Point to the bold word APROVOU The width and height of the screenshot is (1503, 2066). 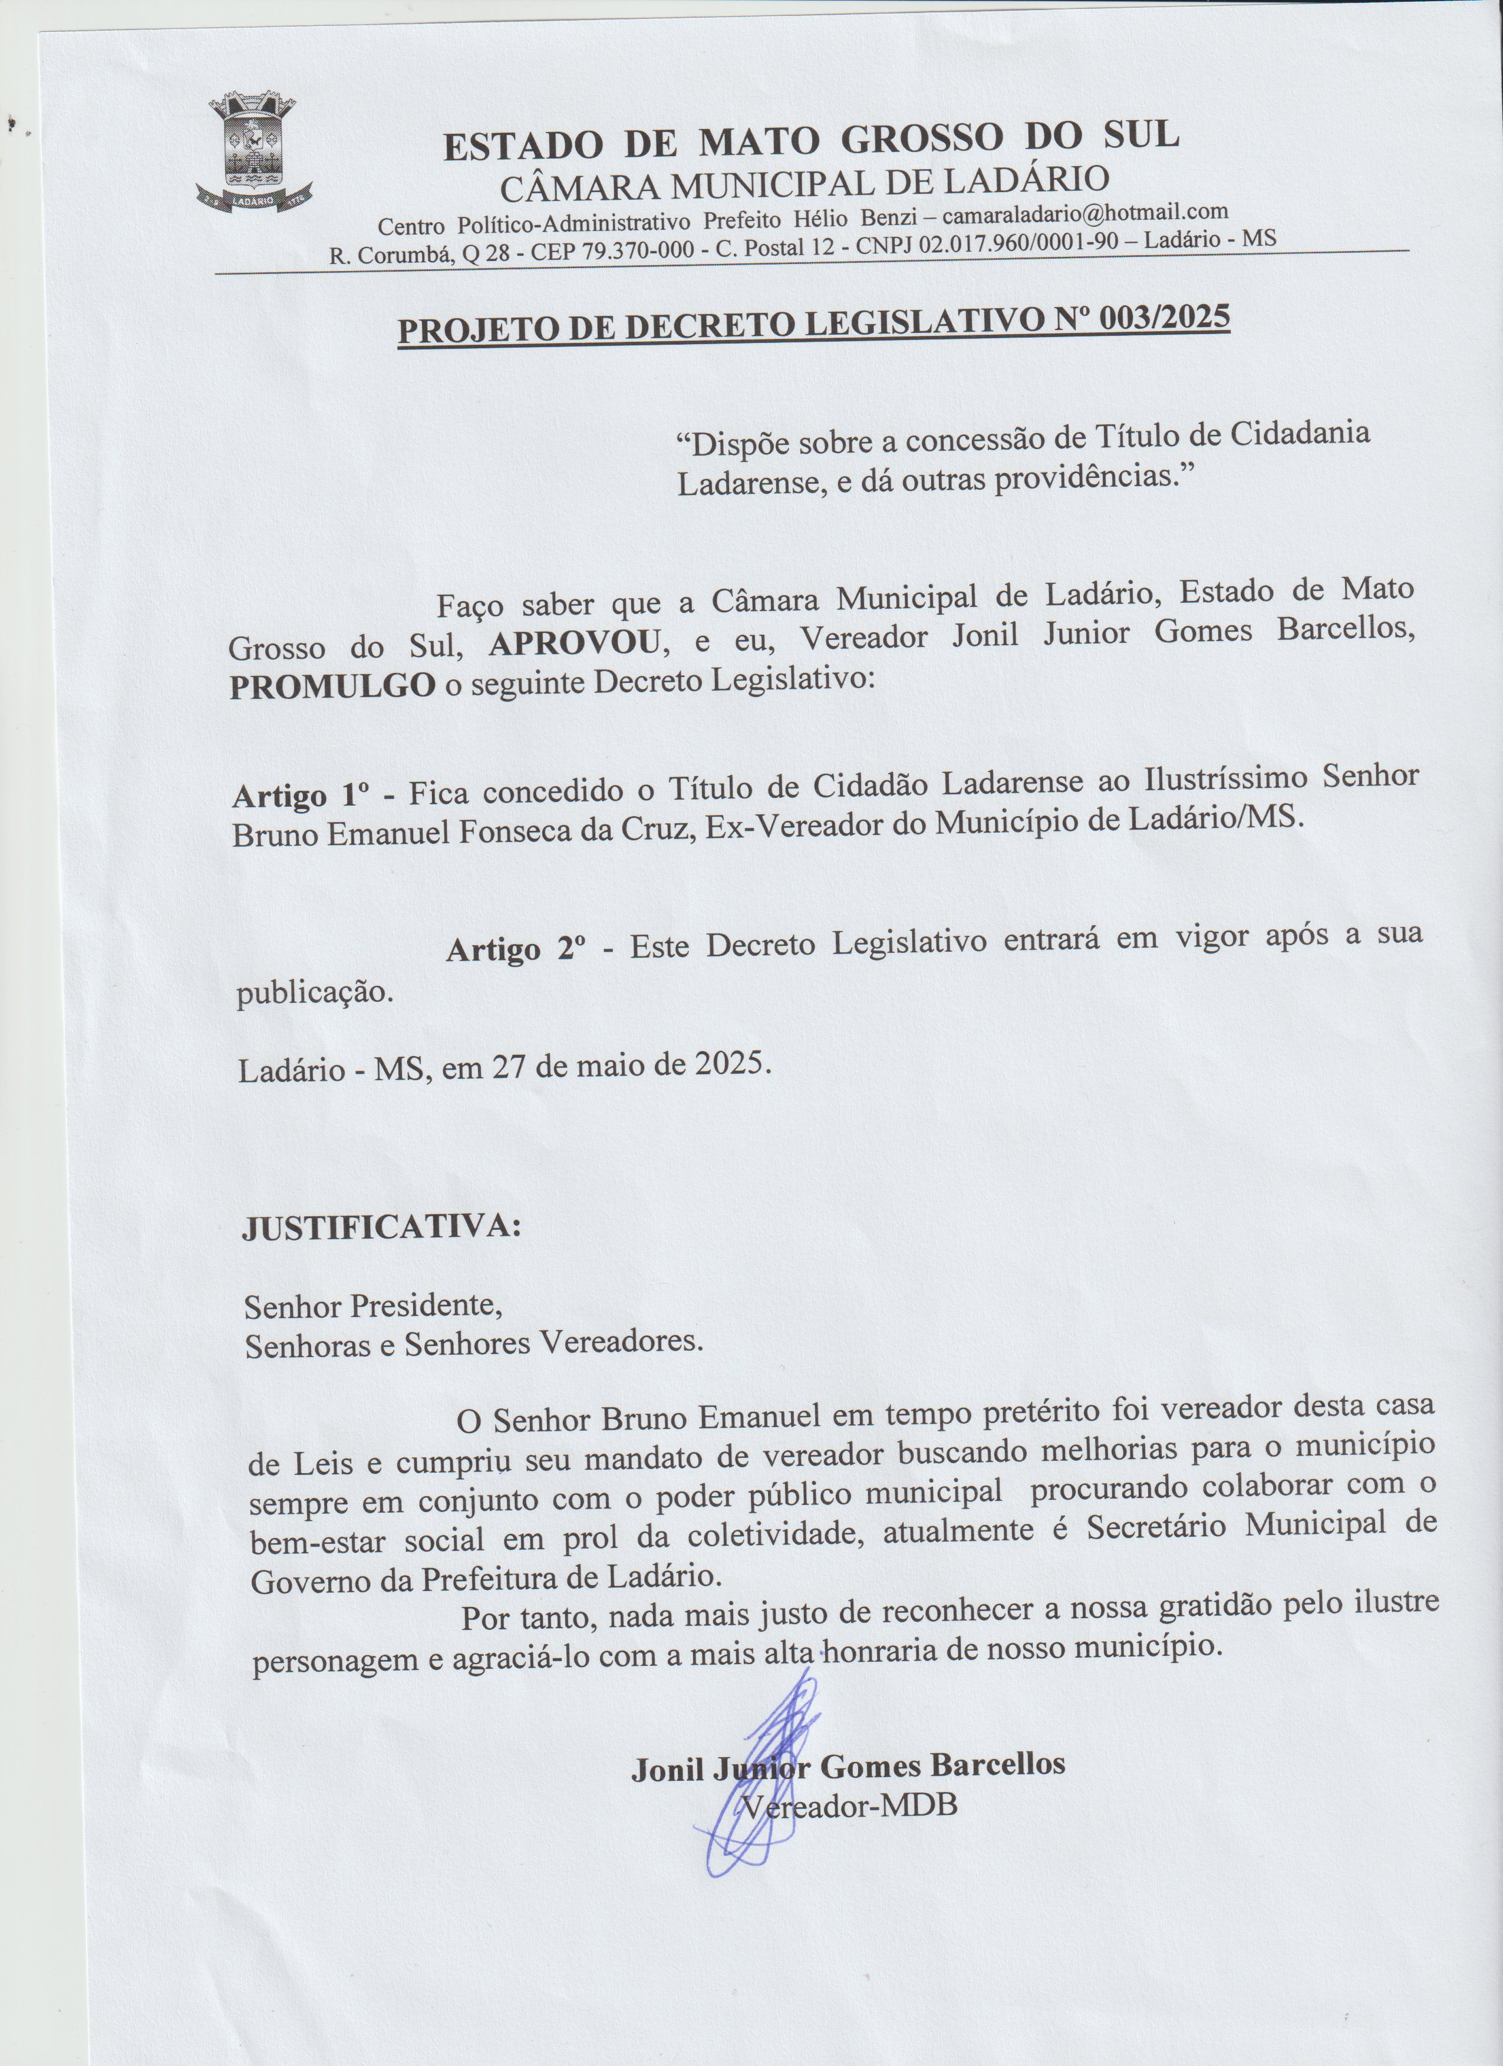[x=575, y=643]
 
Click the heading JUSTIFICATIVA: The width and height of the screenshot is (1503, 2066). [x=381, y=1227]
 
